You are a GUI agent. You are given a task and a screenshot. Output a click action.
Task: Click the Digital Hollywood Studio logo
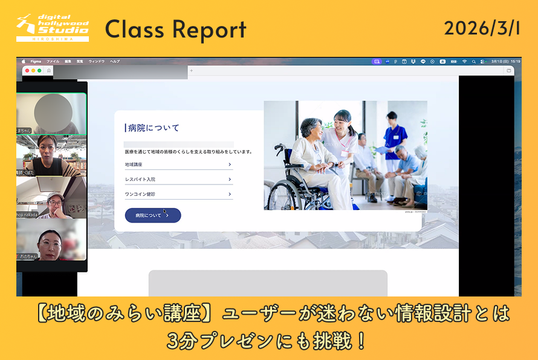tap(53, 28)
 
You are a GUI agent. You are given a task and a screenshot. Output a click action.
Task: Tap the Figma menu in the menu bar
tap(36, 61)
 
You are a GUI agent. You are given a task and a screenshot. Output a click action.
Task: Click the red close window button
tap(27, 71)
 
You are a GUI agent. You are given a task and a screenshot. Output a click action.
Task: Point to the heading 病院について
tap(154, 128)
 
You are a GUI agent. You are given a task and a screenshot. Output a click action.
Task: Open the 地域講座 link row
tap(178, 164)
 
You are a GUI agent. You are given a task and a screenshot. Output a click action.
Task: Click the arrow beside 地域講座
tap(230, 164)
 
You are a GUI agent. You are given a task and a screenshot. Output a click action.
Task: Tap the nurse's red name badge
tap(345, 154)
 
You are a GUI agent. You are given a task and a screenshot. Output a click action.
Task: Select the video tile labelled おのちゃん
tap(51, 242)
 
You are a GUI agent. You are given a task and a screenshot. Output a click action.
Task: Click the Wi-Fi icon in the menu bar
tap(464, 61)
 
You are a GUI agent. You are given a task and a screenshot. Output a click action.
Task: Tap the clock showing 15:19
tap(515, 61)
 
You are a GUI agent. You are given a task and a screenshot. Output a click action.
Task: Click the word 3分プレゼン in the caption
tap(224, 341)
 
